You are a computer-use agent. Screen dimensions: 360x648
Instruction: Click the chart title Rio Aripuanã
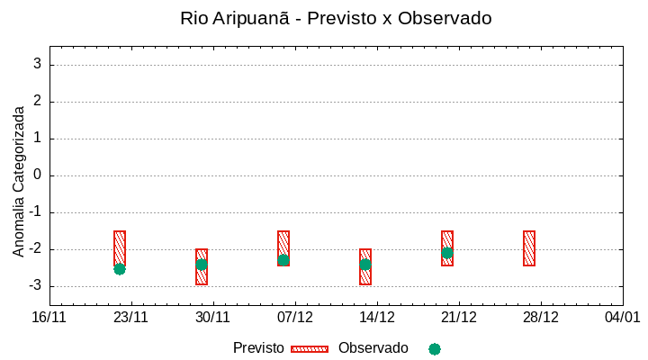336,18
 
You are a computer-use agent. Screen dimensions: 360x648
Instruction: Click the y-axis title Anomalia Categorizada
19,181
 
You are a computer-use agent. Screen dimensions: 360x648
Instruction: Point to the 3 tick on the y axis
37,65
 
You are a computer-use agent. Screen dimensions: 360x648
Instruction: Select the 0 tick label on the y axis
37,175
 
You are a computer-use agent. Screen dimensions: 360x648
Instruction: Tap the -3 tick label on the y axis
34,286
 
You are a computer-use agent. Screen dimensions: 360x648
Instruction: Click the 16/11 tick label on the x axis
49,318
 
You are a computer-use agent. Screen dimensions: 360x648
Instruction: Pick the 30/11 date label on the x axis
213,318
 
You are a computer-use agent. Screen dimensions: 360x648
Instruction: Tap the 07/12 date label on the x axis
295,318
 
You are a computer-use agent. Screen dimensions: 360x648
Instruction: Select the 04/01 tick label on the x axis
622,318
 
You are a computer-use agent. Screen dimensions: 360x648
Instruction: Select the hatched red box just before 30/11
202,266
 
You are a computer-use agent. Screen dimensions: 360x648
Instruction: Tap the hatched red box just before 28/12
529,248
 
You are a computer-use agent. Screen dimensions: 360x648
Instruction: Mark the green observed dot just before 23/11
120,269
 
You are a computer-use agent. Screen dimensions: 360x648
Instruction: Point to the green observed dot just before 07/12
283,261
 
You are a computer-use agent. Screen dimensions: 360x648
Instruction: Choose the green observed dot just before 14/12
365,265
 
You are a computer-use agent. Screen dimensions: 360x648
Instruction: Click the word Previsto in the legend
258,348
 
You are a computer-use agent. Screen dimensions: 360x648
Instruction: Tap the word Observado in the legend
373,348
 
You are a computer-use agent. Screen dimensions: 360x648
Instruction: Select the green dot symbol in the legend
435,349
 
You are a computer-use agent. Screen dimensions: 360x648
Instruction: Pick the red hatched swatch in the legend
310,349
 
